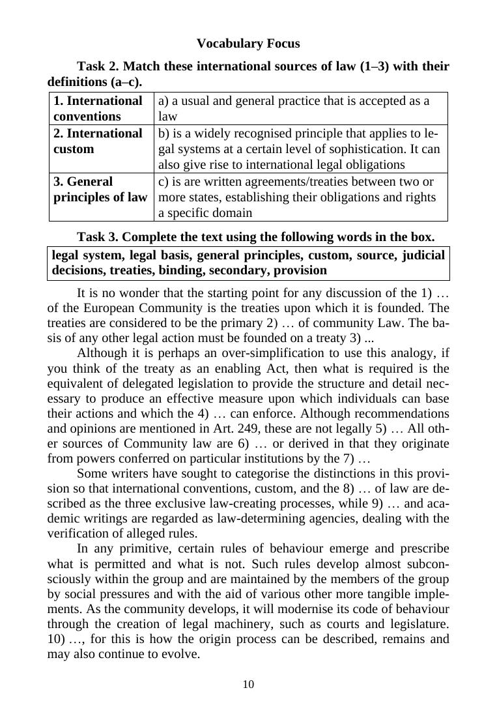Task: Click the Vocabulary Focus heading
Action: coord(248,44)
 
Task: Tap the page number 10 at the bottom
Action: coord(248,684)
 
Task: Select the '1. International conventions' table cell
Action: coord(98,109)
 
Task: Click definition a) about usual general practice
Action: coord(294,109)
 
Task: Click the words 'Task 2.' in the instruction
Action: coord(98,66)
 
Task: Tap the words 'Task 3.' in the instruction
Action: coord(98,236)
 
